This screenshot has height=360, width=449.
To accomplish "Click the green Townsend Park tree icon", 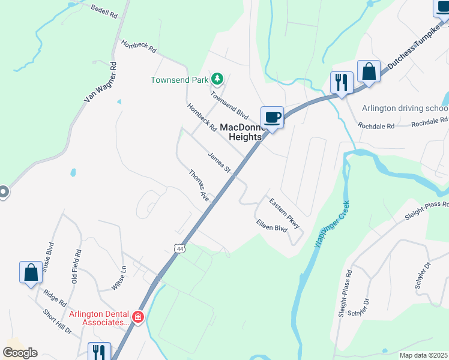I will point(217,79).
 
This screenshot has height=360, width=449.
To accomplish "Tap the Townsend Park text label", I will point(179,79).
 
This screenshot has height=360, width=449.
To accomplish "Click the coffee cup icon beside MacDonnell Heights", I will point(272,116).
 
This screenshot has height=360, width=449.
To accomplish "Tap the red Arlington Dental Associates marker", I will point(138,317).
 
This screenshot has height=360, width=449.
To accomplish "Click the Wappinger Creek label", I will point(333,226).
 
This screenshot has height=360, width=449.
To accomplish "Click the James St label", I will point(219,163).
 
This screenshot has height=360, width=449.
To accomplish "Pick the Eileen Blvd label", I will point(272,227).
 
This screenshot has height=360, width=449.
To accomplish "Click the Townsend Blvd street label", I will point(229,104).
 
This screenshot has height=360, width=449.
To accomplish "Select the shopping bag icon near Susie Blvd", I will point(31,273).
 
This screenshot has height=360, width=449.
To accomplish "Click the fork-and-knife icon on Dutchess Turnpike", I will point(342,83).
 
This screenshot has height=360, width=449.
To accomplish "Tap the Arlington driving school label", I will point(405,109).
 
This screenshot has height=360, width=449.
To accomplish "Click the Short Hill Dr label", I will point(58,321).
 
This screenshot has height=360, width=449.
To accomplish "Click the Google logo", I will point(20,353).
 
